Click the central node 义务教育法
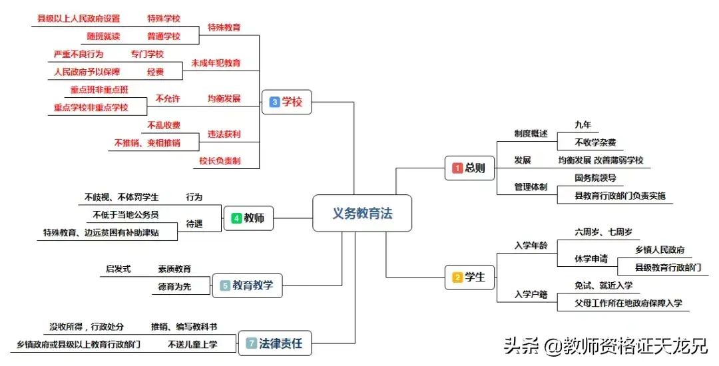tap(362, 213)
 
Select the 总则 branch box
tap(469, 168)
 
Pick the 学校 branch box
tap(286, 102)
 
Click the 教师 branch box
tap(248, 218)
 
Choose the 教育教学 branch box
tap(247, 286)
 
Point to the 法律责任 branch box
tap(274, 343)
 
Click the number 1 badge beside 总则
tap(457, 168)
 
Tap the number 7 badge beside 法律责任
tap(251, 343)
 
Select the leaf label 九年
tap(583, 125)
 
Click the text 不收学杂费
tap(595, 142)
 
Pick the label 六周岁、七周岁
tap(603, 232)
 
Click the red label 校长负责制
tap(220, 160)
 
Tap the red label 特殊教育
tap(224, 27)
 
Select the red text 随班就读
tap(103, 36)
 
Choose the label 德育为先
tap(174, 286)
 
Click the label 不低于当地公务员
tap(126, 214)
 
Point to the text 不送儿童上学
tap(192, 344)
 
